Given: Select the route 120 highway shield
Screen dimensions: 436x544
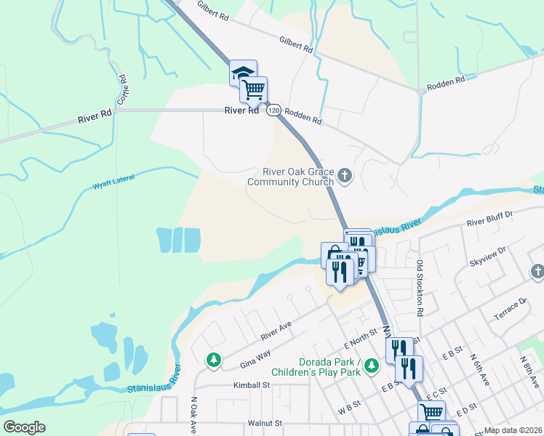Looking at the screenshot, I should [x=273, y=110].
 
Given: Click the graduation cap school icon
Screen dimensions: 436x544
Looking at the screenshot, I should [x=243, y=73].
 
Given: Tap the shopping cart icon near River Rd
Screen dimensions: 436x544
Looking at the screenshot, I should [x=253, y=90].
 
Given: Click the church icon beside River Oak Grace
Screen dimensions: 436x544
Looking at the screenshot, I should [x=345, y=175].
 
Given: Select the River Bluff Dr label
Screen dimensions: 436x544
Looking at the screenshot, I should [x=490, y=218].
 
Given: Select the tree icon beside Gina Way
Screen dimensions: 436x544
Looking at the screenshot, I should [x=214, y=359].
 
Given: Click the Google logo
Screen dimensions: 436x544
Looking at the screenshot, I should [x=25, y=427].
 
